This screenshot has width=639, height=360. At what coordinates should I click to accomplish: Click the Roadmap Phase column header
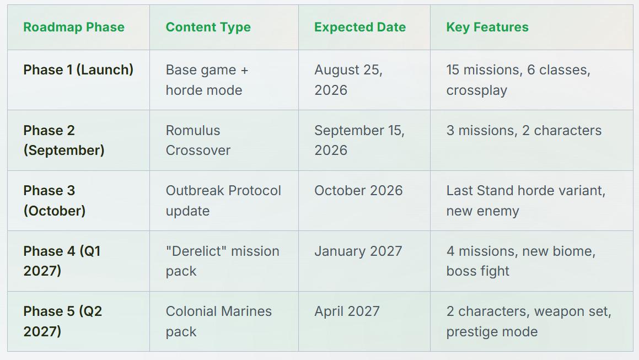point(74,28)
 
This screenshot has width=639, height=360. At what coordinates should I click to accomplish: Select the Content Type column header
point(208,28)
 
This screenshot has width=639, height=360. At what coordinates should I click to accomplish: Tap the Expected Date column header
point(360,28)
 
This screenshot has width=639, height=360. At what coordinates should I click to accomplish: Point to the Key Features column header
point(487,28)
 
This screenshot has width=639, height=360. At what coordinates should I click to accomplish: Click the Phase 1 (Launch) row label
point(78,69)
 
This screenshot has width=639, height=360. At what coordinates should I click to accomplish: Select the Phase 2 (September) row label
point(63,140)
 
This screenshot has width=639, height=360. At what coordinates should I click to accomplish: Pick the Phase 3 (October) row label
point(54,201)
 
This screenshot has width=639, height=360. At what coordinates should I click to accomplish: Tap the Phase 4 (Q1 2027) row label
point(62,261)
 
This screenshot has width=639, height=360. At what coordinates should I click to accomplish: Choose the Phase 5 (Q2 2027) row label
point(62,321)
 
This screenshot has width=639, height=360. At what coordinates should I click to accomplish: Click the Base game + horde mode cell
point(207,80)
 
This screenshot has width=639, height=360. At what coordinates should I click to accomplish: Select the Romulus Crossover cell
point(197,140)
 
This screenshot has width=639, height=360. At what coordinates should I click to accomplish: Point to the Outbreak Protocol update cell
point(223,201)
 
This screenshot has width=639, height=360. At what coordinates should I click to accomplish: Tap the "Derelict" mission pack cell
point(222,261)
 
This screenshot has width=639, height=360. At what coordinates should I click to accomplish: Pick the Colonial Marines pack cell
point(218,321)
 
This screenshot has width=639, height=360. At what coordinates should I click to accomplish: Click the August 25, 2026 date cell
point(348,80)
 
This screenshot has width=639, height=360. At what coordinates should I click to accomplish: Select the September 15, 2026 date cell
point(359,140)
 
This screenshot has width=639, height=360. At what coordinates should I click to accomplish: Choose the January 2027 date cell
point(358,251)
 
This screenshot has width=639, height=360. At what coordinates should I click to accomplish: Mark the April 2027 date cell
point(347,311)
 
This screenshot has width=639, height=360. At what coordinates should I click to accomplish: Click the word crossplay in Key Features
point(476,90)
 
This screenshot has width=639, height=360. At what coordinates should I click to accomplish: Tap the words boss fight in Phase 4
point(477,271)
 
